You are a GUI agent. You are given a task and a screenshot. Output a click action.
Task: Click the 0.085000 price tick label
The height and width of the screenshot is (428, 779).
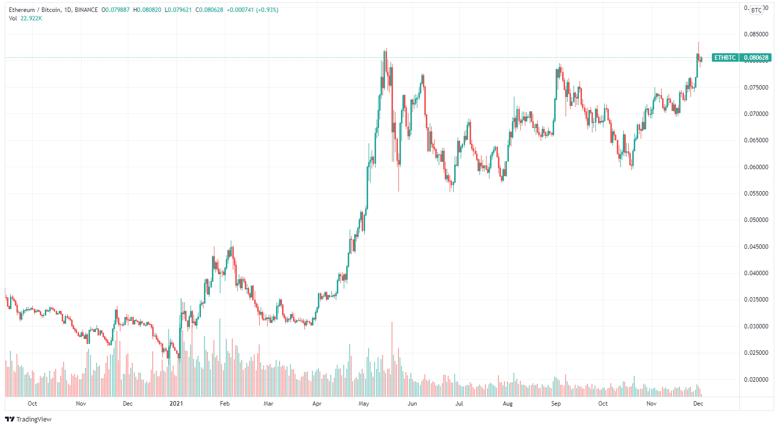click(x=756, y=34)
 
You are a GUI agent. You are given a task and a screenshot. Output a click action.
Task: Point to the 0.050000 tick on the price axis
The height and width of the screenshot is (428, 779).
click(x=756, y=220)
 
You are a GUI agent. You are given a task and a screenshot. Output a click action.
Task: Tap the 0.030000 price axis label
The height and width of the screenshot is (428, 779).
click(x=756, y=326)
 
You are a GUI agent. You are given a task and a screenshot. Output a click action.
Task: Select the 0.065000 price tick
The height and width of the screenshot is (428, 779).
click(x=756, y=140)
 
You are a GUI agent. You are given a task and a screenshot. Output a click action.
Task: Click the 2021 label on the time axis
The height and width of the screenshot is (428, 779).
click(x=176, y=404)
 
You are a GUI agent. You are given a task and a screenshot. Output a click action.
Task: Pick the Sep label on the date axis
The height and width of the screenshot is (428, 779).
click(x=556, y=404)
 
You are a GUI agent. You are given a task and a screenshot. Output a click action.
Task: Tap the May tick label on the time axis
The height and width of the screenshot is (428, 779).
click(x=364, y=404)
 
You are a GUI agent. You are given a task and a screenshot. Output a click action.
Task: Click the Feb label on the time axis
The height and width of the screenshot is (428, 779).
click(x=224, y=404)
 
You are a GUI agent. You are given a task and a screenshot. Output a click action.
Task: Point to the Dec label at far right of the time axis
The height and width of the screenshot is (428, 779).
click(x=698, y=404)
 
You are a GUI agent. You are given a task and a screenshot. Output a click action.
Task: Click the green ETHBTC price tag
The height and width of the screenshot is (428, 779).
click(x=725, y=58)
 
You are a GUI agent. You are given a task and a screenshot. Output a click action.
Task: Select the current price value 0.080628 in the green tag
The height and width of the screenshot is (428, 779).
click(x=756, y=58)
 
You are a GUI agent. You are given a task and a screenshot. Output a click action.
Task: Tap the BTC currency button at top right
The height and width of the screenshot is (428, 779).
click(x=757, y=10)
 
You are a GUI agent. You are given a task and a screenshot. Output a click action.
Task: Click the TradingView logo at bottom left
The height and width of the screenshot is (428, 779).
click(x=28, y=419)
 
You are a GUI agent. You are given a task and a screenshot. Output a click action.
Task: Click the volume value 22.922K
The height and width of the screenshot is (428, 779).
click(x=31, y=18)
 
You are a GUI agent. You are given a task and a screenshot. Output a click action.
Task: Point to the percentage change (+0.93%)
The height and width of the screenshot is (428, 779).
click(x=267, y=10)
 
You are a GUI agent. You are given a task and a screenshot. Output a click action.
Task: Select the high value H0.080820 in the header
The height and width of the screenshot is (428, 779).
click(x=147, y=10)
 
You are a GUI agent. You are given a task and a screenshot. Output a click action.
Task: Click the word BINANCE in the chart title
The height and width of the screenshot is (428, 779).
click(x=86, y=10)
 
